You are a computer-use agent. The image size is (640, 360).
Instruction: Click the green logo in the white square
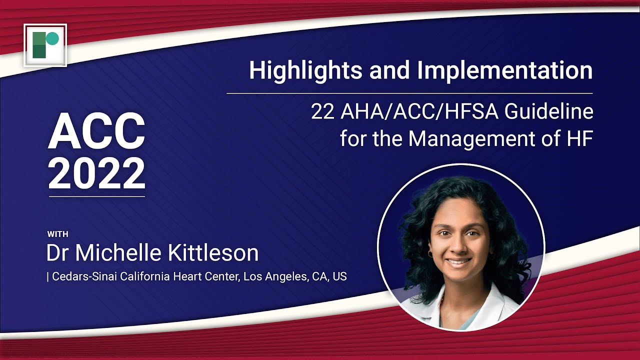click(x=45, y=45)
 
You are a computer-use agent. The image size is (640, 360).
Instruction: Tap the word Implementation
click(x=505, y=70)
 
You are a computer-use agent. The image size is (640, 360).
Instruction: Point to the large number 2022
click(x=96, y=173)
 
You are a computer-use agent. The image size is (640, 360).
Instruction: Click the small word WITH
click(x=57, y=233)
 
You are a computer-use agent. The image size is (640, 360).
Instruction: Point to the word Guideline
click(x=548, y=111)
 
